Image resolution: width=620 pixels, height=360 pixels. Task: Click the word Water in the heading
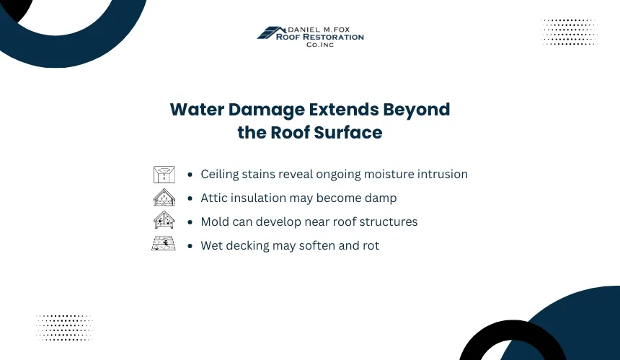[197, 110]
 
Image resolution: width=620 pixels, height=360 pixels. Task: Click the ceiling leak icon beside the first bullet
[164, 175]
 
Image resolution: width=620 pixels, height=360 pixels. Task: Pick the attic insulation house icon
[164, 198]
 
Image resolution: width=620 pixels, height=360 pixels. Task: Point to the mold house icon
[164, 220]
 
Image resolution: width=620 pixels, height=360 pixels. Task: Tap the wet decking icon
[164, 243]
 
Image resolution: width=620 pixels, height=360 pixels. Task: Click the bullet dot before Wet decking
[190, 246]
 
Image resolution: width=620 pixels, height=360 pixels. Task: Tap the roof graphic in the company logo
[272, 33]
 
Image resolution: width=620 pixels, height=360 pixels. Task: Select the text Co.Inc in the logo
[320, 45]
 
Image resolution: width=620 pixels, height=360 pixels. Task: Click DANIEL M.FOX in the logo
[319, 30]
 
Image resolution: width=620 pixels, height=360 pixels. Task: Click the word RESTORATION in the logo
[336, 37]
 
